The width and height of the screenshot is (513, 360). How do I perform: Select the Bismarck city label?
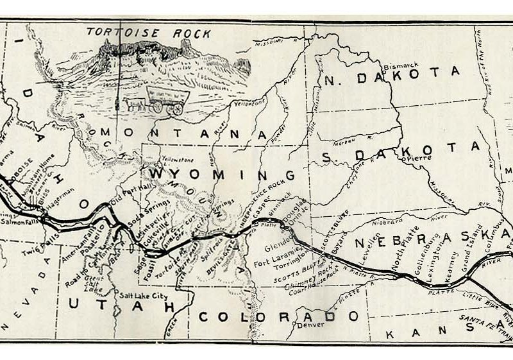401,66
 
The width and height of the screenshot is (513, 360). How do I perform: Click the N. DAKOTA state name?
392,76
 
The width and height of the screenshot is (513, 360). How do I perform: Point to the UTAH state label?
122,307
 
